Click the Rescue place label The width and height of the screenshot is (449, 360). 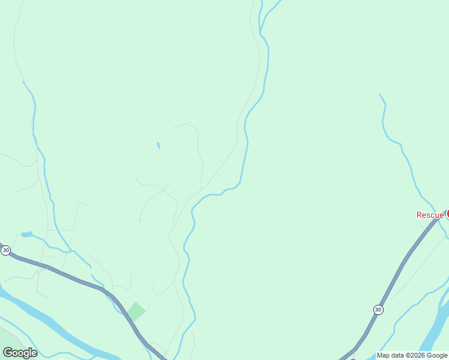430,215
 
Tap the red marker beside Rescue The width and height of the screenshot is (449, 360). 447,214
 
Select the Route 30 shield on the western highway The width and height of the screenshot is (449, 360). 5,250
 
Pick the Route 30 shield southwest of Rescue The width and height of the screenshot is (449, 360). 378,310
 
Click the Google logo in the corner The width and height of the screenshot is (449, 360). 20,353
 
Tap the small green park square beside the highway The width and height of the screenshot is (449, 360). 136,311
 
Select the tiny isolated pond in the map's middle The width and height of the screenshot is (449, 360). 158,145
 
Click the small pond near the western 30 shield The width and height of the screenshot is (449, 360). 26,234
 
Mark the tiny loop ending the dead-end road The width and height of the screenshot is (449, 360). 139,221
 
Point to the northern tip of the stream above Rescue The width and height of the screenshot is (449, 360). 380,95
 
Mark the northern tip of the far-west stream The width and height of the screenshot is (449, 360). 23,82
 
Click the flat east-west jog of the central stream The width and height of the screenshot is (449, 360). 216,194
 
